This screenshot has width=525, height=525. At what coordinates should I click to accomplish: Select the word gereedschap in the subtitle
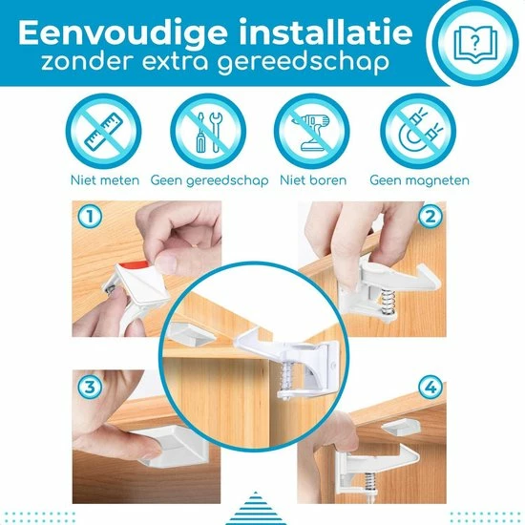[304, 64]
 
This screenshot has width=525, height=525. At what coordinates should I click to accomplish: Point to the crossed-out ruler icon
[104, 131]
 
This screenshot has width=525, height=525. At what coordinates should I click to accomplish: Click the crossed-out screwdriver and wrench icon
[208, 131]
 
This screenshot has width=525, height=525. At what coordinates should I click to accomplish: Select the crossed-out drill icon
[312, 131]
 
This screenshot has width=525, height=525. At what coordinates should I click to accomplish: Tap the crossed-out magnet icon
[418, 131]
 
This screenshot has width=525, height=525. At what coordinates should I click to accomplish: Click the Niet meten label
[105, 180]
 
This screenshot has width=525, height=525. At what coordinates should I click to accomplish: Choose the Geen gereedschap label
[210, 180]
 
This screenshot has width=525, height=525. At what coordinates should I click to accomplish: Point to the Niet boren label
[313, 180]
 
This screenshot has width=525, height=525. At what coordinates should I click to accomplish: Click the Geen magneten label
[420, 180]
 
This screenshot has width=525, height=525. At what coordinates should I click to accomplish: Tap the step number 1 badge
[90, 217]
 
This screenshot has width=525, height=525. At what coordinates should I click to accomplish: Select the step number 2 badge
[430, 217]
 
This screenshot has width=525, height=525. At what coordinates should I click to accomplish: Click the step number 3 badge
[90, 387]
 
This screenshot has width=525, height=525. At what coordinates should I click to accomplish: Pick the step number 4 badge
[430, 387]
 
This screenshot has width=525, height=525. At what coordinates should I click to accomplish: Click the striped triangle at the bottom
[256, 510]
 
